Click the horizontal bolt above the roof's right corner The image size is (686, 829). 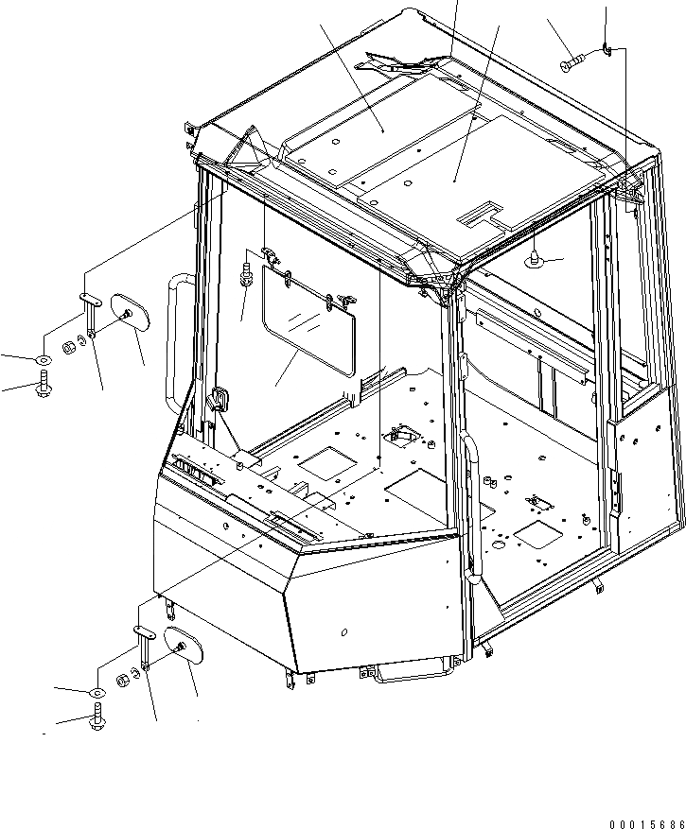574,63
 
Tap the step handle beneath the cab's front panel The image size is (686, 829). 411,672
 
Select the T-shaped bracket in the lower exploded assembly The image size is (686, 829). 144,643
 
